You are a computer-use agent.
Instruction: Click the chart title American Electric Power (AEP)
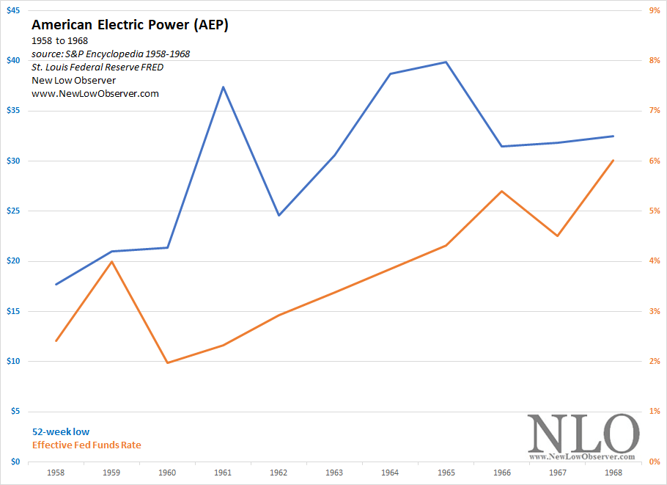pyautogui.click(x=130, y=25)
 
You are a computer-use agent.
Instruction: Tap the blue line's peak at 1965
pyautogui.click(x=446, y=62)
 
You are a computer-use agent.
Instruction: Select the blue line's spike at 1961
pyautogui.click(x=223, y=87)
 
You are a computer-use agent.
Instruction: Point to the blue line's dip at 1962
pyautogui.click(x=279, y=215)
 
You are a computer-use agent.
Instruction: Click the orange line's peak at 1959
pyautogui.click(x=111, y=261)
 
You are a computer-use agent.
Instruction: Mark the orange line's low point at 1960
pyautogui.click(x=167, y=362)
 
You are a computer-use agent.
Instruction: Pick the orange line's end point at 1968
pyautogui.click(x=613, y=160)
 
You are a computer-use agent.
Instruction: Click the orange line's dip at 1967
pyautogui.click(x=557, y=236)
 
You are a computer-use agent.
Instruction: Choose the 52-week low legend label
pyautogui.click(x=61, y=432)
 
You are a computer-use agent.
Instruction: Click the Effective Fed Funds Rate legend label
pyautogui.click(x=86, y=445)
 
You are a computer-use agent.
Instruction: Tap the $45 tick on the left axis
pyautogui.click(x=14, y=10)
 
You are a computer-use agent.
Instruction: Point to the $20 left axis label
pyautogui.click(x=14, y=261)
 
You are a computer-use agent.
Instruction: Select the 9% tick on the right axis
pyautogui.click(x=652, y=10)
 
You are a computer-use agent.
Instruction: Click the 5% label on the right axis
pyautogui.click(x=652, y=211)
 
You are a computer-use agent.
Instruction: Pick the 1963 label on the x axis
pyautogui.click(x=334, y=473)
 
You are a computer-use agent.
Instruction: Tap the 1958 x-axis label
pyautogui.click(x=56, y=473)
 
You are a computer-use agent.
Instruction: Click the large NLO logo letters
pyautogui.click(x=583, y=434)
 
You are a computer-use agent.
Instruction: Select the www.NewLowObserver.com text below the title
pyautogui.click(x=95, y=93)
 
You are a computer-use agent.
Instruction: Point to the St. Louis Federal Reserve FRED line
pyautogui.click(x=97, y=67)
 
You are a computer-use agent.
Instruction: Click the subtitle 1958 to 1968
pyautogui.click(x=60, y=40)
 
